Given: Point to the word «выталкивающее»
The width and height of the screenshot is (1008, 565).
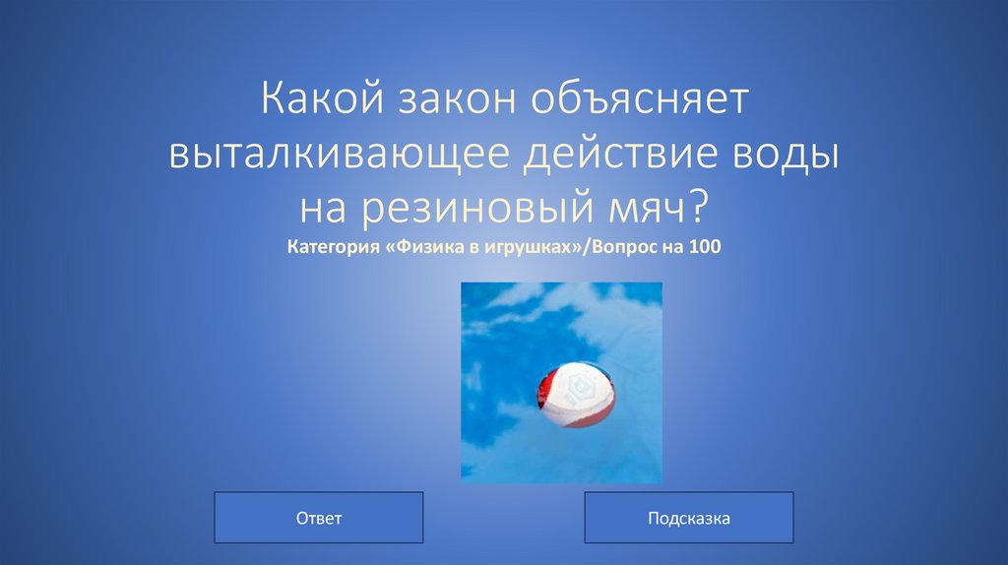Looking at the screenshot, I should [x=335, y=156].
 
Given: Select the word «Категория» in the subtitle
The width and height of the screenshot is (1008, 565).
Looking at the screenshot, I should [x=336, y=248].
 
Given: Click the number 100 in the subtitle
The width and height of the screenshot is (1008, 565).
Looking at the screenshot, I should [x=706, y=248].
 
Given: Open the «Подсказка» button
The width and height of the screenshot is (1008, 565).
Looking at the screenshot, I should [x=688, y=518].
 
